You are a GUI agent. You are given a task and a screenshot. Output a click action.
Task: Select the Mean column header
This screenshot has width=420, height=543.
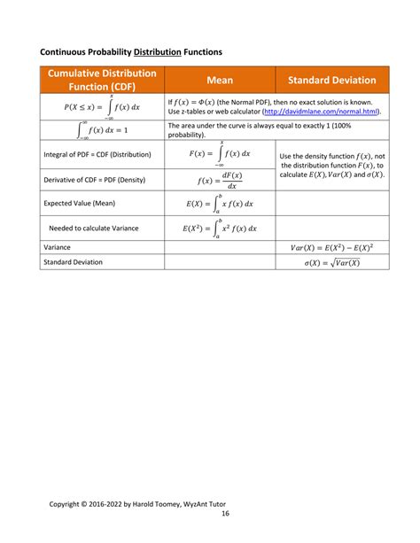220,80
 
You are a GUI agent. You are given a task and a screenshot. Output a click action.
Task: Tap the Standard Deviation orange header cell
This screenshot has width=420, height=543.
331,80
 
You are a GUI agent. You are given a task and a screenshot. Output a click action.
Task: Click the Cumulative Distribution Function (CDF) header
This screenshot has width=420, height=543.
102,80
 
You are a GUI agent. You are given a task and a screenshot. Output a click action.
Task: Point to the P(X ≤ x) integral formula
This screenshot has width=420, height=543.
102,107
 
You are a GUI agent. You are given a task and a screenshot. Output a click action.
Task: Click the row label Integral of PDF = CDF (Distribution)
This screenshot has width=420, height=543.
97,154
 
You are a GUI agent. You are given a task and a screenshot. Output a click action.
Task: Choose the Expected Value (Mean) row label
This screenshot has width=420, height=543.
81,203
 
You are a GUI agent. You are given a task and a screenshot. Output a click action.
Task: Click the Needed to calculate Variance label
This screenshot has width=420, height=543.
94,228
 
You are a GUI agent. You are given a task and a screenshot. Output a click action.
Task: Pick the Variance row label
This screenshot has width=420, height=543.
58,247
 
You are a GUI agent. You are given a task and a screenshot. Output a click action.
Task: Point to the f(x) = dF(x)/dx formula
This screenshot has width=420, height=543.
219,180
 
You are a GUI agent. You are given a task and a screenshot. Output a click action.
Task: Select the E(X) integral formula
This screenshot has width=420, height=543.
219,203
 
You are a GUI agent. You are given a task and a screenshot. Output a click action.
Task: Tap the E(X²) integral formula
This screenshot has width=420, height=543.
219,228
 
